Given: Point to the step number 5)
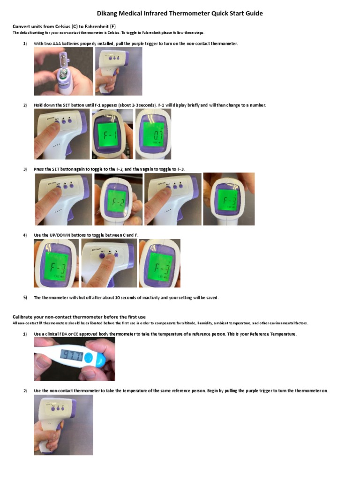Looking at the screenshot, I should (x=25, y=298).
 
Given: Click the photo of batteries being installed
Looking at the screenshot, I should (x=63, y=71).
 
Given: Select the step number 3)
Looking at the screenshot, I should (x=25, y=169).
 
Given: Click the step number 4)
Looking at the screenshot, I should (x=25, y=234).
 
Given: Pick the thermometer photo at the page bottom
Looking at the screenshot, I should (x=63, y=425).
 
